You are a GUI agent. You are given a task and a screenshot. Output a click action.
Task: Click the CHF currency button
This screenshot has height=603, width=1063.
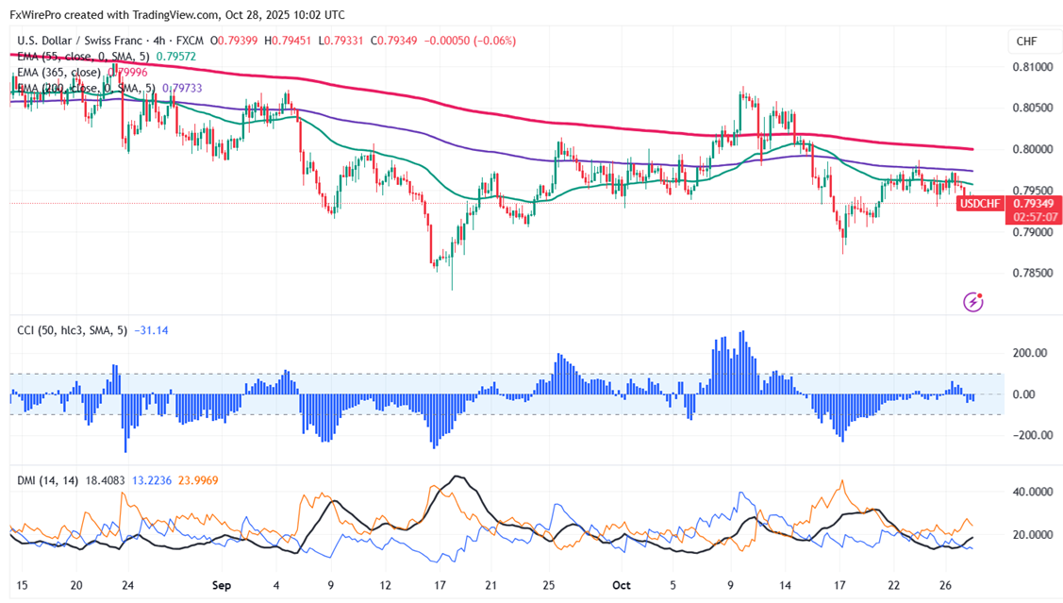tap(1026, 41)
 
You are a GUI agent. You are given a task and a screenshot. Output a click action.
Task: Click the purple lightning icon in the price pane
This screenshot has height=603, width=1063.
tap(973, 302)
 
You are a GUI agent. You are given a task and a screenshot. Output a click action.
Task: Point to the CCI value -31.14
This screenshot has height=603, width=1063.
tap(151, 330)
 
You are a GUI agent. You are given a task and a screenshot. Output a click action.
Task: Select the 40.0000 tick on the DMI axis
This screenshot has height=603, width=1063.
tap(1030, 493)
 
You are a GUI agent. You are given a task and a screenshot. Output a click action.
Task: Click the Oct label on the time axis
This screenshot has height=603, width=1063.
tap(620, 585)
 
